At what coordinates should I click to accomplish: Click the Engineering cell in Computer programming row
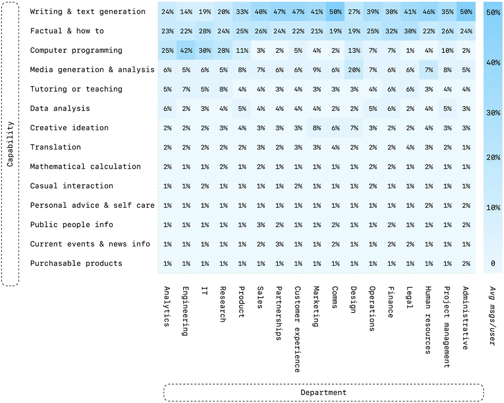[x=186, y=50]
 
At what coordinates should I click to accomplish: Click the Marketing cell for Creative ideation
[x=316, y=128]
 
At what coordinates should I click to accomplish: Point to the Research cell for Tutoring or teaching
[x=223, y=89]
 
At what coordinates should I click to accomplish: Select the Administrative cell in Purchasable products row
[x=466, y=263]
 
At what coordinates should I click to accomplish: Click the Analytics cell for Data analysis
[x=168, y=108]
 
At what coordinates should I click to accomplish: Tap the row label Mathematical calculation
[x=86, y=167]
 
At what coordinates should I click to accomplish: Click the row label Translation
[x=55, y=147]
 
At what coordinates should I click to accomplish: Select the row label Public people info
[x=71, y=225]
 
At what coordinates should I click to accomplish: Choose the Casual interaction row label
[x=71, y=186]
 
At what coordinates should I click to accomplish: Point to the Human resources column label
[x=427, y=320]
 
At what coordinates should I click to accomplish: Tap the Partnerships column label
[x=279, y=313]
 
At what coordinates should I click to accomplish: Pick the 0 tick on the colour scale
[x=493, y=263]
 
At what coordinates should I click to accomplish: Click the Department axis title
[x=323, y=392]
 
